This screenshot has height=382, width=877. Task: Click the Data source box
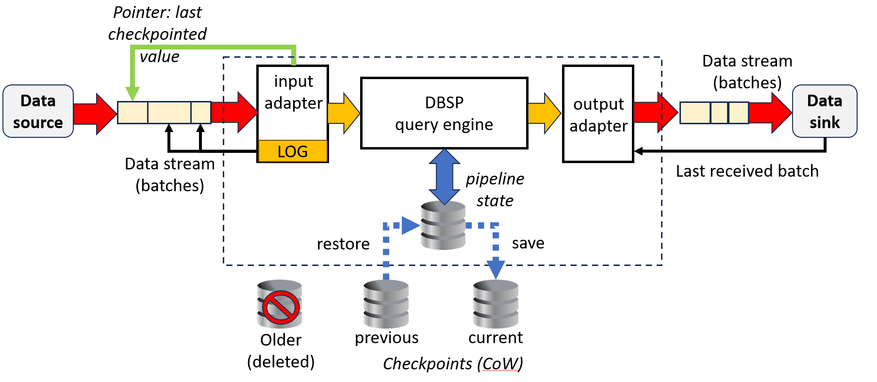(38, 112)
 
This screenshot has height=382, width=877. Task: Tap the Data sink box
(824, 112)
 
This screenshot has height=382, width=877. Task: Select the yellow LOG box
(293, 151)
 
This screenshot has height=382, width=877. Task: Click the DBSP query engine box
(444, 113)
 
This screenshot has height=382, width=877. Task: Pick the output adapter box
(598, 114)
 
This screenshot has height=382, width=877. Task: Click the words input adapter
(293, 92)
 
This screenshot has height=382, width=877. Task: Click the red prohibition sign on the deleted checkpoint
(281, 307)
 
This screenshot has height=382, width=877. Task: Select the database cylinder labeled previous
(386, 305)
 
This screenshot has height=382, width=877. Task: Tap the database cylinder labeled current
(496, 305)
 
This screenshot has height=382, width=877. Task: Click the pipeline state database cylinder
(443, 226)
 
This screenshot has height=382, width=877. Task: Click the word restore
(343, 244)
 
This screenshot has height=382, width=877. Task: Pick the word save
(528, 243)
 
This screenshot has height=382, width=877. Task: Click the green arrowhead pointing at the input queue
(132, 94)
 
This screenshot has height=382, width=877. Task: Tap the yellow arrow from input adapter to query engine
(344, 113)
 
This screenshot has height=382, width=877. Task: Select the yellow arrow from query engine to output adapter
(544, 113)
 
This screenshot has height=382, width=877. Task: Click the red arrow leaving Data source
(95, 114)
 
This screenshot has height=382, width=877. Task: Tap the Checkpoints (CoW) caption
(452, 364)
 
